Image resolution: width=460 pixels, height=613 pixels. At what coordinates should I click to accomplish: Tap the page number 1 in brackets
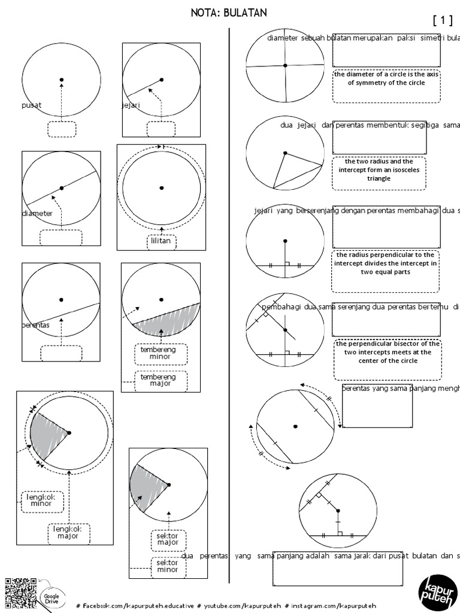click(442, 20)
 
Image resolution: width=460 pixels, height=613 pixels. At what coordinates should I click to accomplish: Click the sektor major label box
click(168, 540)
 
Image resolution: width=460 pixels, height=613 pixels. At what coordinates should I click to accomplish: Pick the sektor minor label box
click(168, 566)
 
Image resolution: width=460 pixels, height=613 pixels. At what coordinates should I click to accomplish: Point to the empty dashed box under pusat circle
click(62, 129)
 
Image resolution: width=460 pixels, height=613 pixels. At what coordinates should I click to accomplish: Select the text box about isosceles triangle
click(379, 173)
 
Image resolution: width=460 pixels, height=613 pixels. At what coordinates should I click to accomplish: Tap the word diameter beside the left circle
click(37, 213)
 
